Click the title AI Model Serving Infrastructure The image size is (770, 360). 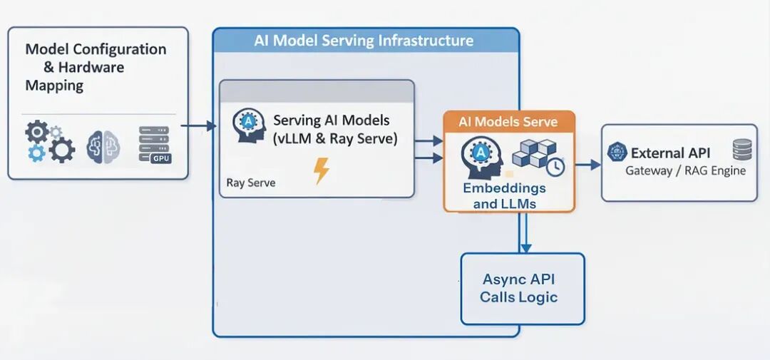(364, 41)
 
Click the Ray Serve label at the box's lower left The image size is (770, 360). (251, 182)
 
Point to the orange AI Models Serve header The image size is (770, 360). (508, 121)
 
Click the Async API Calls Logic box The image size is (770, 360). (523, 289)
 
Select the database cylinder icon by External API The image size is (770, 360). (741, 150)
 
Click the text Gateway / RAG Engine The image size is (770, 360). (685, 170)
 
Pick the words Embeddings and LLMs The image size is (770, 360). (504, 196)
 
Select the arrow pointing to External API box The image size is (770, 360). (588, 165)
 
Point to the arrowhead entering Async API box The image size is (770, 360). (525, 247)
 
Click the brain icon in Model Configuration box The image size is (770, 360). (99, 145)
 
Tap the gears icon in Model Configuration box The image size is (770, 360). (48, 141)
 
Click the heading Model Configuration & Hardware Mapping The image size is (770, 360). (94, 68)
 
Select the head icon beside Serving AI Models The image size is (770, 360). (250, 125)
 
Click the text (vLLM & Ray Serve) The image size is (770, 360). (334, 139)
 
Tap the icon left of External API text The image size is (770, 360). (617, 152)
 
